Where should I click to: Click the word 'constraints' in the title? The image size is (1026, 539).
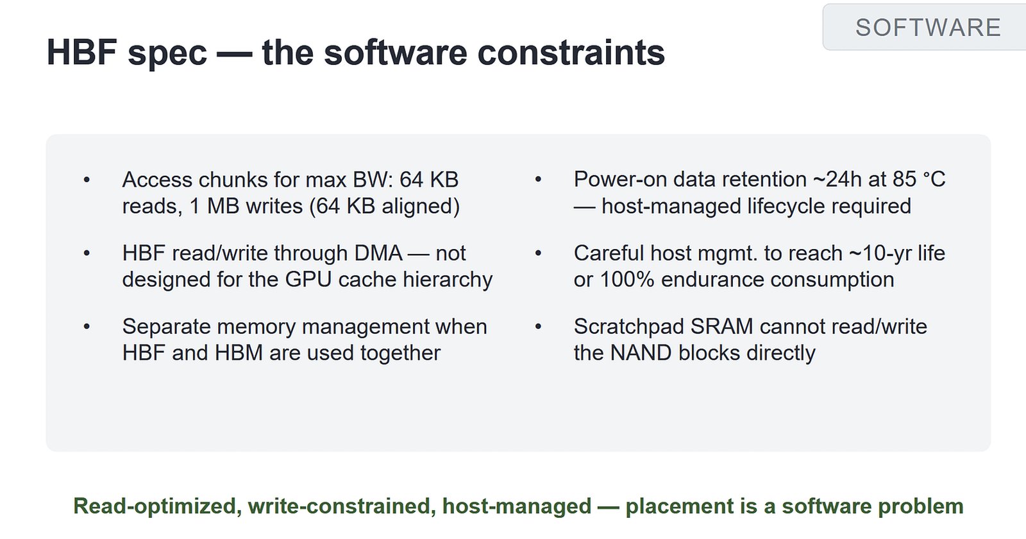click(571, 52)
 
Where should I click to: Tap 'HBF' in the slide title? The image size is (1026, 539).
click(82, 52)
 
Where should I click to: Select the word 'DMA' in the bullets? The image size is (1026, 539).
click(378, 253)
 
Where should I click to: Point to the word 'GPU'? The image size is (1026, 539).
click(308, 279)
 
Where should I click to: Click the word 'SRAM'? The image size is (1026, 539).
click(722, 327)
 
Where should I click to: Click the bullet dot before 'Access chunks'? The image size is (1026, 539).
click(87, 180)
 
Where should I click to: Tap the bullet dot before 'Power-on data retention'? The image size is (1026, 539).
click(538, 180)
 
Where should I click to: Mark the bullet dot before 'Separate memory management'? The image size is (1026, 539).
click(87, 327)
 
